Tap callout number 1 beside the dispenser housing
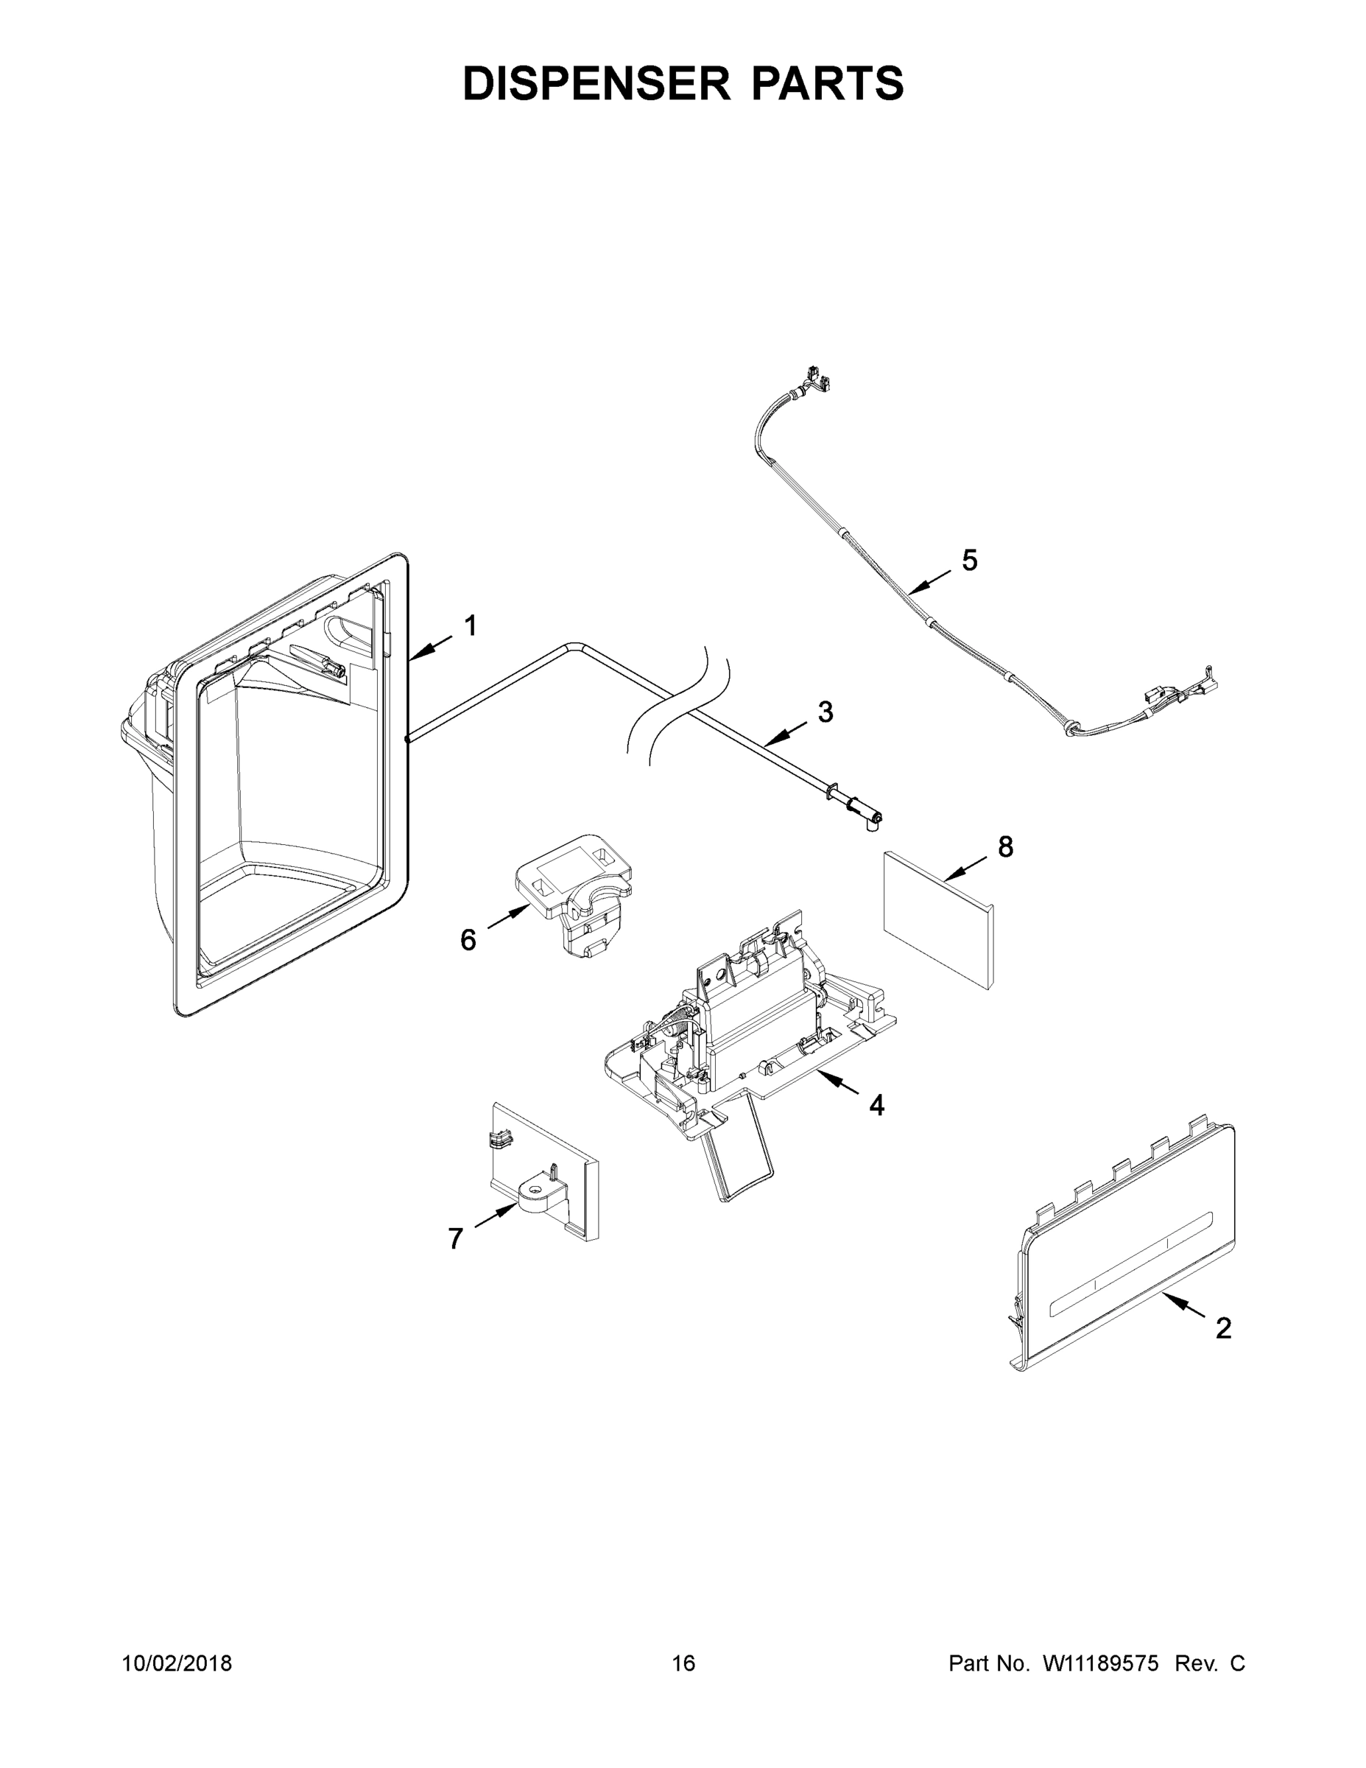click(x=470, y=625)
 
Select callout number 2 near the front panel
click(x=1222, y=1327)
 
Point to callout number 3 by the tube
click(x=825, y=712)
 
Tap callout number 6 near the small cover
click(x=468, y=940)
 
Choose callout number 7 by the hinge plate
click(x=455, y=1238)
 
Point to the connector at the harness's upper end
click(x=816, y=377)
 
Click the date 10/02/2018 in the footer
click(x=177, y=1663)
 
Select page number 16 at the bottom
click(x=683, y=1663)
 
